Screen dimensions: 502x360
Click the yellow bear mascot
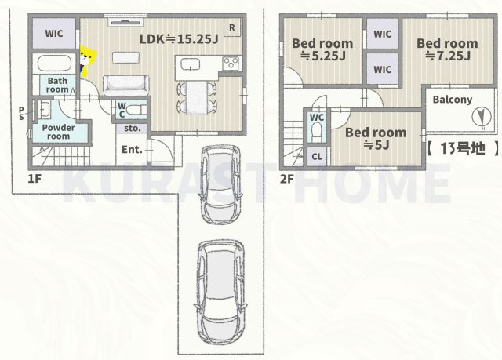(x=87, y=61)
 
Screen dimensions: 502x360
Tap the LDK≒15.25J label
(x=179, y=39)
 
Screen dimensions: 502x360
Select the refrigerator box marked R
(x=232, y=27)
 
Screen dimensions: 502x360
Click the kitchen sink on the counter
(x=191, y=64)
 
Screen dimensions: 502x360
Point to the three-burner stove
(x=231, y=63)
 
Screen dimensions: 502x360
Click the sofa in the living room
(x=126, y=85)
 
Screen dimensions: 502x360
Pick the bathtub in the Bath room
(x=54, y=63)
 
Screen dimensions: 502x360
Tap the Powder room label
(x=58, y=132)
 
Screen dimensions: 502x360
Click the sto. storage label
(x=133, y=129)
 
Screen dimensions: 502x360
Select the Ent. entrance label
(x=132, y=150)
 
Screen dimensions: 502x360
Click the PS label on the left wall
(x=21, y=114)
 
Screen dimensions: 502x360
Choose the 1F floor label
(x=35, y=179)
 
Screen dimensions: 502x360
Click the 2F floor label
(x=287, y=179)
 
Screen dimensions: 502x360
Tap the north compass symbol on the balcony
(x=482, y=117)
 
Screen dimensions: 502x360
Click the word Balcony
(x=453, y=100)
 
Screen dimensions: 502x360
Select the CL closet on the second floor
(x=317, y=157)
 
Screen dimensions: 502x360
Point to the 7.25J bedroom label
(x=447, y=49)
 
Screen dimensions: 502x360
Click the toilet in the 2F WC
(x=317, y=133)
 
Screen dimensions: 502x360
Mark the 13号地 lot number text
(x=463, y=148)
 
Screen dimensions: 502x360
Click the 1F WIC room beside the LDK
(x=54, y=33)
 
